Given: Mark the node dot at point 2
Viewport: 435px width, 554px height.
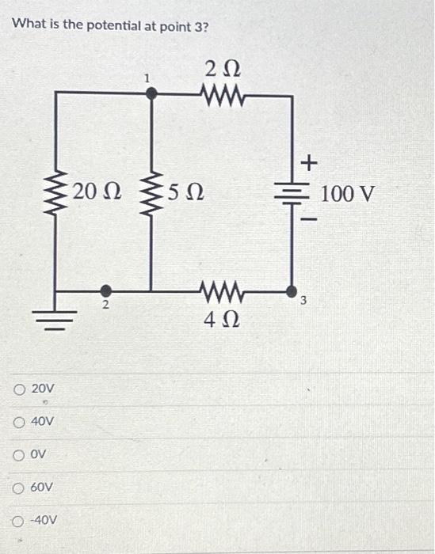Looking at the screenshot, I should click(x=105, y=290).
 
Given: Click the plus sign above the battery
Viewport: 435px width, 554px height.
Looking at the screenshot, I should click(x=309, y=163).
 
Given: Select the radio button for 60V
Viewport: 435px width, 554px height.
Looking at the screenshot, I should click(x=18, y=487).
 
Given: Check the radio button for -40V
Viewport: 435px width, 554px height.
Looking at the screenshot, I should click(x=18, y=520).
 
